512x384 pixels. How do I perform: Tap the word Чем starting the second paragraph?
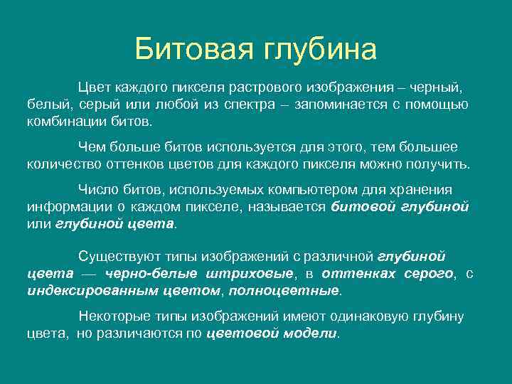[x=91, y=146]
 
